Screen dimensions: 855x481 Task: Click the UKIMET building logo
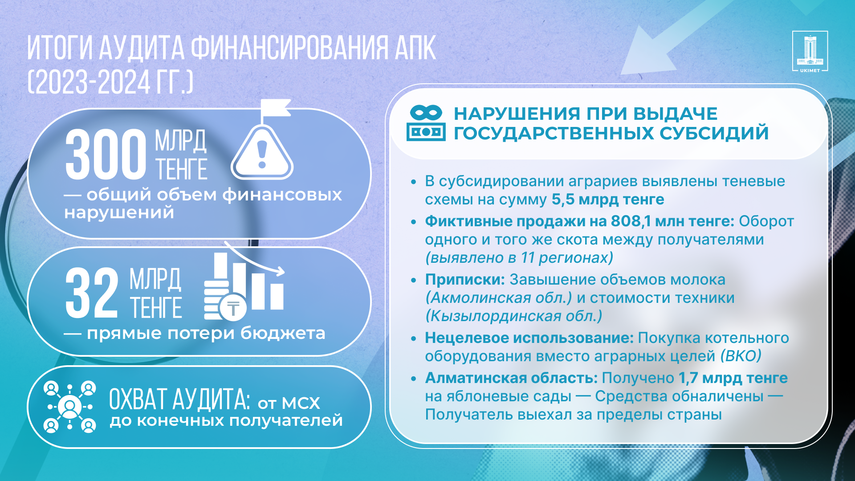[810, 51]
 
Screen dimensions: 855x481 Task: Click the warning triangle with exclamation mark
[262, 152]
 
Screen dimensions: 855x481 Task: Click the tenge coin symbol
[233, 308]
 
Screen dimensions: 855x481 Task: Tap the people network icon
[70, 407]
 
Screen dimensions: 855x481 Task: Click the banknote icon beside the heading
[426, 123]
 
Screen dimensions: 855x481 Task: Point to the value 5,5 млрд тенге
[608, 200]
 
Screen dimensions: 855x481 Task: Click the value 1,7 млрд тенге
[733, 378]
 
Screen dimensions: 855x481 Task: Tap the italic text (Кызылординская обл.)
[514, 316]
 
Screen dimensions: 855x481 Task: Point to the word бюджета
[283, 333]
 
